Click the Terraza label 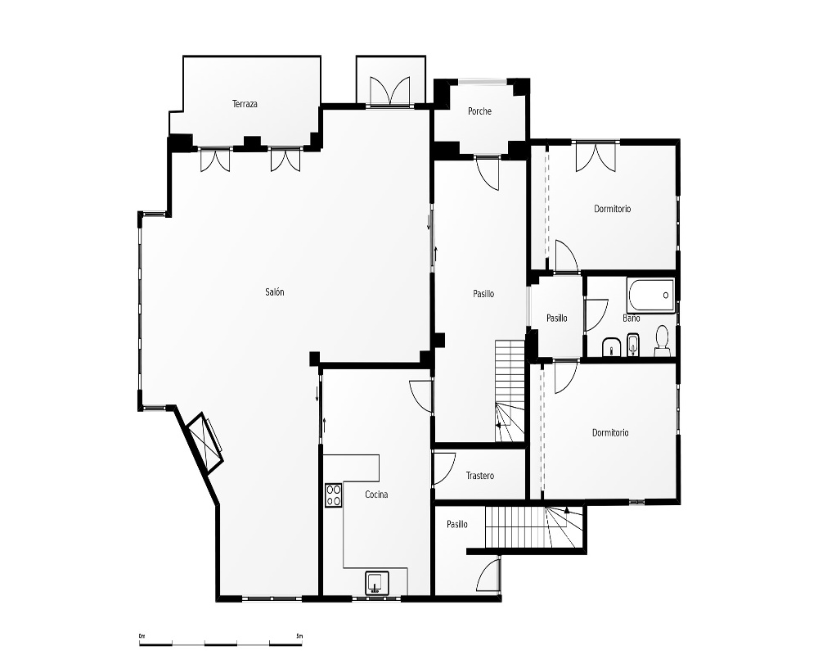coord(245,104)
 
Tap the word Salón coord(275,292)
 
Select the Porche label coord(479,111)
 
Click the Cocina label coord(376,495)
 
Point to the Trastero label coord(480,476)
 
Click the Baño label coord(631,318)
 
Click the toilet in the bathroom coord(662,341)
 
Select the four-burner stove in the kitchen coord(334,495)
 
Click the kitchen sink coord(376,583)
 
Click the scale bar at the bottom coord(221,643)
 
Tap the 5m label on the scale coord(299,635)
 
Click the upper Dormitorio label coord(613,209)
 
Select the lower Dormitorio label coord(610,433)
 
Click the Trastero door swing coord(444,468)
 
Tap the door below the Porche coord(488,173)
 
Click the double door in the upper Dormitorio coord(596,157)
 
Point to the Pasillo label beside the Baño coord(556,318)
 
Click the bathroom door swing coord(597,315)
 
